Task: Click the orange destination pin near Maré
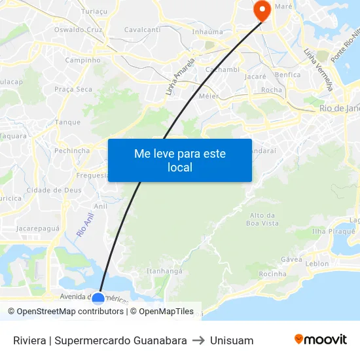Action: click(261, 10)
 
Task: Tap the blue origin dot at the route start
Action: click(98, 299)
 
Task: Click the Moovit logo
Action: click(320, 340)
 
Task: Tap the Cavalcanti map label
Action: click(142, 29)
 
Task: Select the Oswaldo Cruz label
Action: click(79, 29)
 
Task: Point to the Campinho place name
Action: click(82, 60)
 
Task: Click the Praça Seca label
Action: click(73, 89)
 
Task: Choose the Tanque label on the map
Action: click(68, 122)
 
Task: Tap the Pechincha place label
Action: click(72, 150)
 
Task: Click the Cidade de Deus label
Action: click(54, 190)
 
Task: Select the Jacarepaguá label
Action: click(38, 228)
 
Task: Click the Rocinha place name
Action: click(272, 274)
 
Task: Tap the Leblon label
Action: click(317, 264)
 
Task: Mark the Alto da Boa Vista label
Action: click(262, 219)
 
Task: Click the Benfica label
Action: click(288, 75)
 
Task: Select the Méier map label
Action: click(209, 96)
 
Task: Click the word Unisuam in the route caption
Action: click(232, 340)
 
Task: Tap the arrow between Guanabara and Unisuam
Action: click(198, 340)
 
